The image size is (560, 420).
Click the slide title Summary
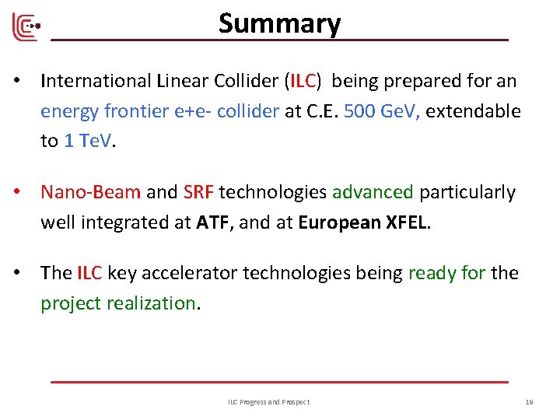pyautogui.click(x=279, y=23)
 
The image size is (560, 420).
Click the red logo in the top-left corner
pyautogui.click(x=25, y=28)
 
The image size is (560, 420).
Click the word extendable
pyautogui.click(x=473, y=110)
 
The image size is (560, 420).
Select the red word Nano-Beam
pyautogui.click(x=91, y=192)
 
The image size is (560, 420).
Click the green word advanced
pyautogui.click(x=373, y=192)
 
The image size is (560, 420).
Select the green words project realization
pyautogui.click(x=118, y=303)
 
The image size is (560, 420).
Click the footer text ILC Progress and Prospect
pyautogui.click(x=268, y=401)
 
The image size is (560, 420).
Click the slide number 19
pyautogui.click(x=529, y=401)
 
